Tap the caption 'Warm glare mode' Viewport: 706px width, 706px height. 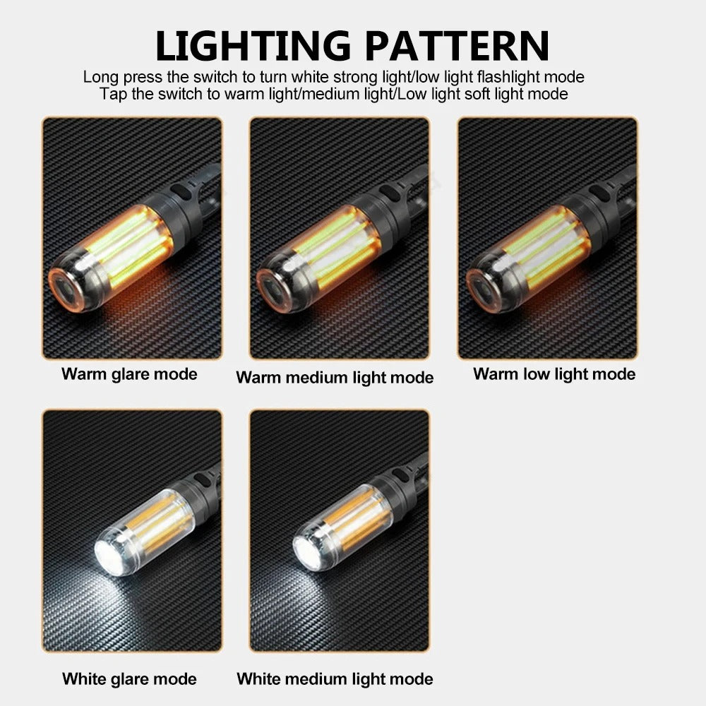pyautogui.click(x=129, y=373)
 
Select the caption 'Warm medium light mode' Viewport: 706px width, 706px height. pyautogui.click(x=335, y=378)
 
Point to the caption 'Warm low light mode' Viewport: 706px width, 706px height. pyautogui.click(x=554, y=373)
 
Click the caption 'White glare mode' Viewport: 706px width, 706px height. pyautogui.click(x=129, y=679)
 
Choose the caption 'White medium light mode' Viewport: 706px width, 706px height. pyautogui.click(x=335, y=679)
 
